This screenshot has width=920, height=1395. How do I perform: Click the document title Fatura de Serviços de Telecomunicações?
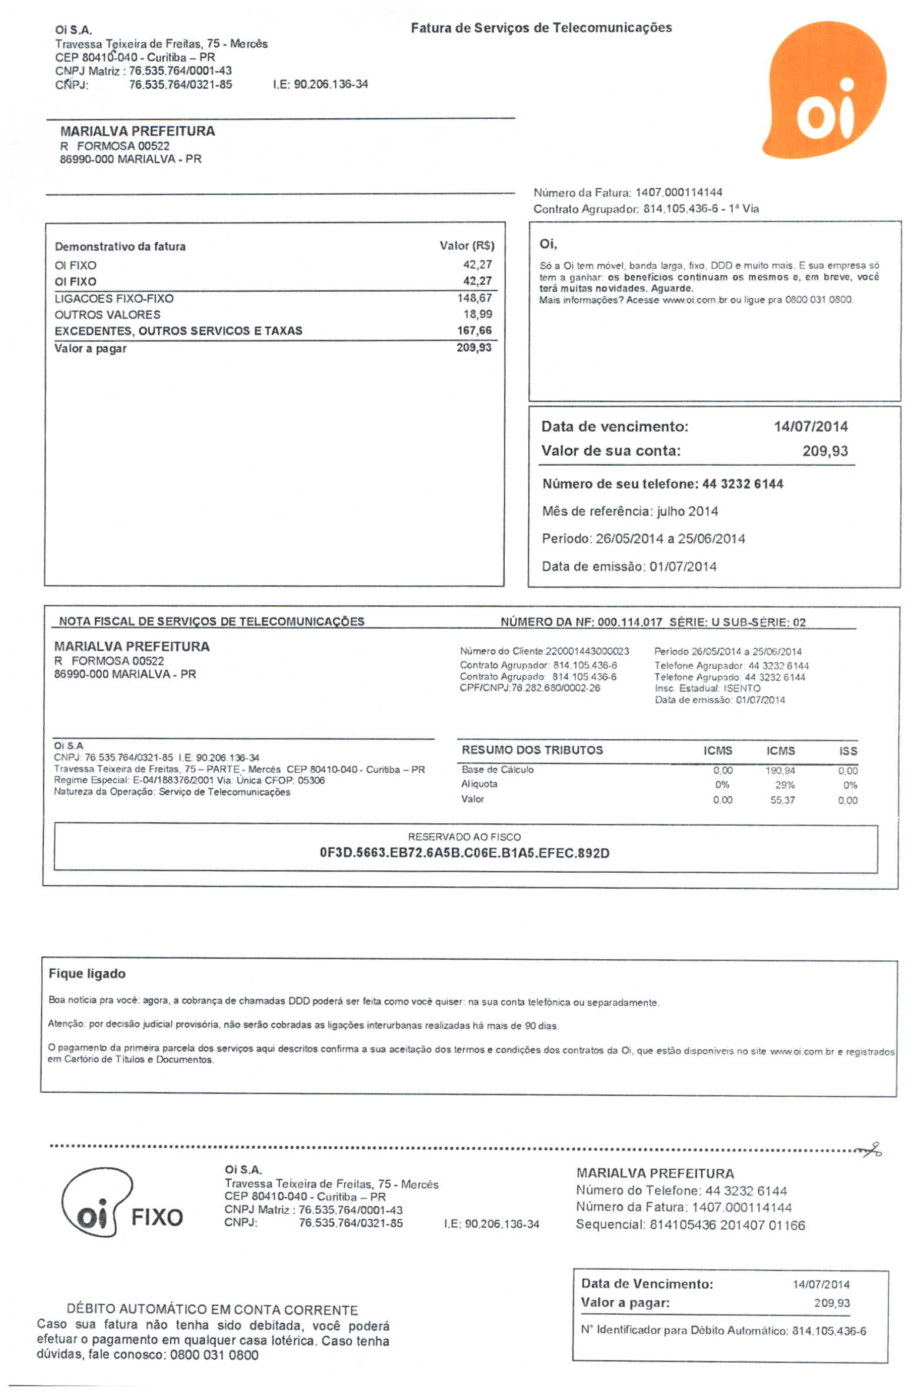541,28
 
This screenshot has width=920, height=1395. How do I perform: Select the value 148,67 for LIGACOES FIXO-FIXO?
474,298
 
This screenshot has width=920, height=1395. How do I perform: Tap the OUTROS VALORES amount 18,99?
477,315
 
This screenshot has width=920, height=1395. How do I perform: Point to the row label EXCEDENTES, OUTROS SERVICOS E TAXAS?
178,331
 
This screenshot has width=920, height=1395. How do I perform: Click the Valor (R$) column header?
466,246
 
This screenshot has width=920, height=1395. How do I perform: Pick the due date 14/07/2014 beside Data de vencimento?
810,426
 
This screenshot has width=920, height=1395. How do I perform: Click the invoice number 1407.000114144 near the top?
678,192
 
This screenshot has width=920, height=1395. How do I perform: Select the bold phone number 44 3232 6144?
742,484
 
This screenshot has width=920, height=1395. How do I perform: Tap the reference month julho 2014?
687,511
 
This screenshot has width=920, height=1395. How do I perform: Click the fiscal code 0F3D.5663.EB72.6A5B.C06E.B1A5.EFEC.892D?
464,853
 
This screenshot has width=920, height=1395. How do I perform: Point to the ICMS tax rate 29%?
784,785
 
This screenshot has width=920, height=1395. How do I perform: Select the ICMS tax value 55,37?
782,800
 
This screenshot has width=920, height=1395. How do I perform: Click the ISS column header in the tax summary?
848,751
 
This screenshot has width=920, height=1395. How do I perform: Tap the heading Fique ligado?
87,974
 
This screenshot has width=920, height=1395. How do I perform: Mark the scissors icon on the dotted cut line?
871,1150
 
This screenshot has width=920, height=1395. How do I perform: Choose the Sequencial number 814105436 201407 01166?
727,1225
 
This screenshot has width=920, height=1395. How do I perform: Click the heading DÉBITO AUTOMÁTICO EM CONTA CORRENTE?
212,1310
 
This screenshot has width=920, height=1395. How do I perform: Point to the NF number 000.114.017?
630,622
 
